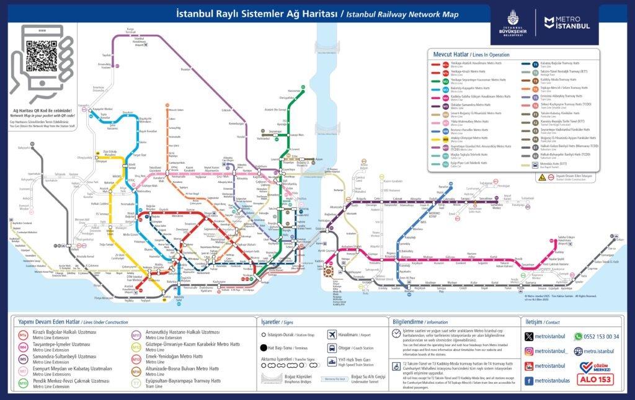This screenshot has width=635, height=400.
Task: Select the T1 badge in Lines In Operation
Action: (x=535, y=64)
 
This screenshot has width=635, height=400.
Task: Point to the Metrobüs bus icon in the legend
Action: (x=535, y=164)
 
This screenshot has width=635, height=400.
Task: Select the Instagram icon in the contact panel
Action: (x=529, y=351)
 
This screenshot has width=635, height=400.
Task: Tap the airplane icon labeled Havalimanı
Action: (x=332, y=334)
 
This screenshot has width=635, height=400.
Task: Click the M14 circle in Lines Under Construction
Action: (x=136, y=372)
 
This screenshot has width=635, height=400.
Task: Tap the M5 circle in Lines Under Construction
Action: (x=23, y=359)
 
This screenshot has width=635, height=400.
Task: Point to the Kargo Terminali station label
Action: (x=130, y=30)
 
